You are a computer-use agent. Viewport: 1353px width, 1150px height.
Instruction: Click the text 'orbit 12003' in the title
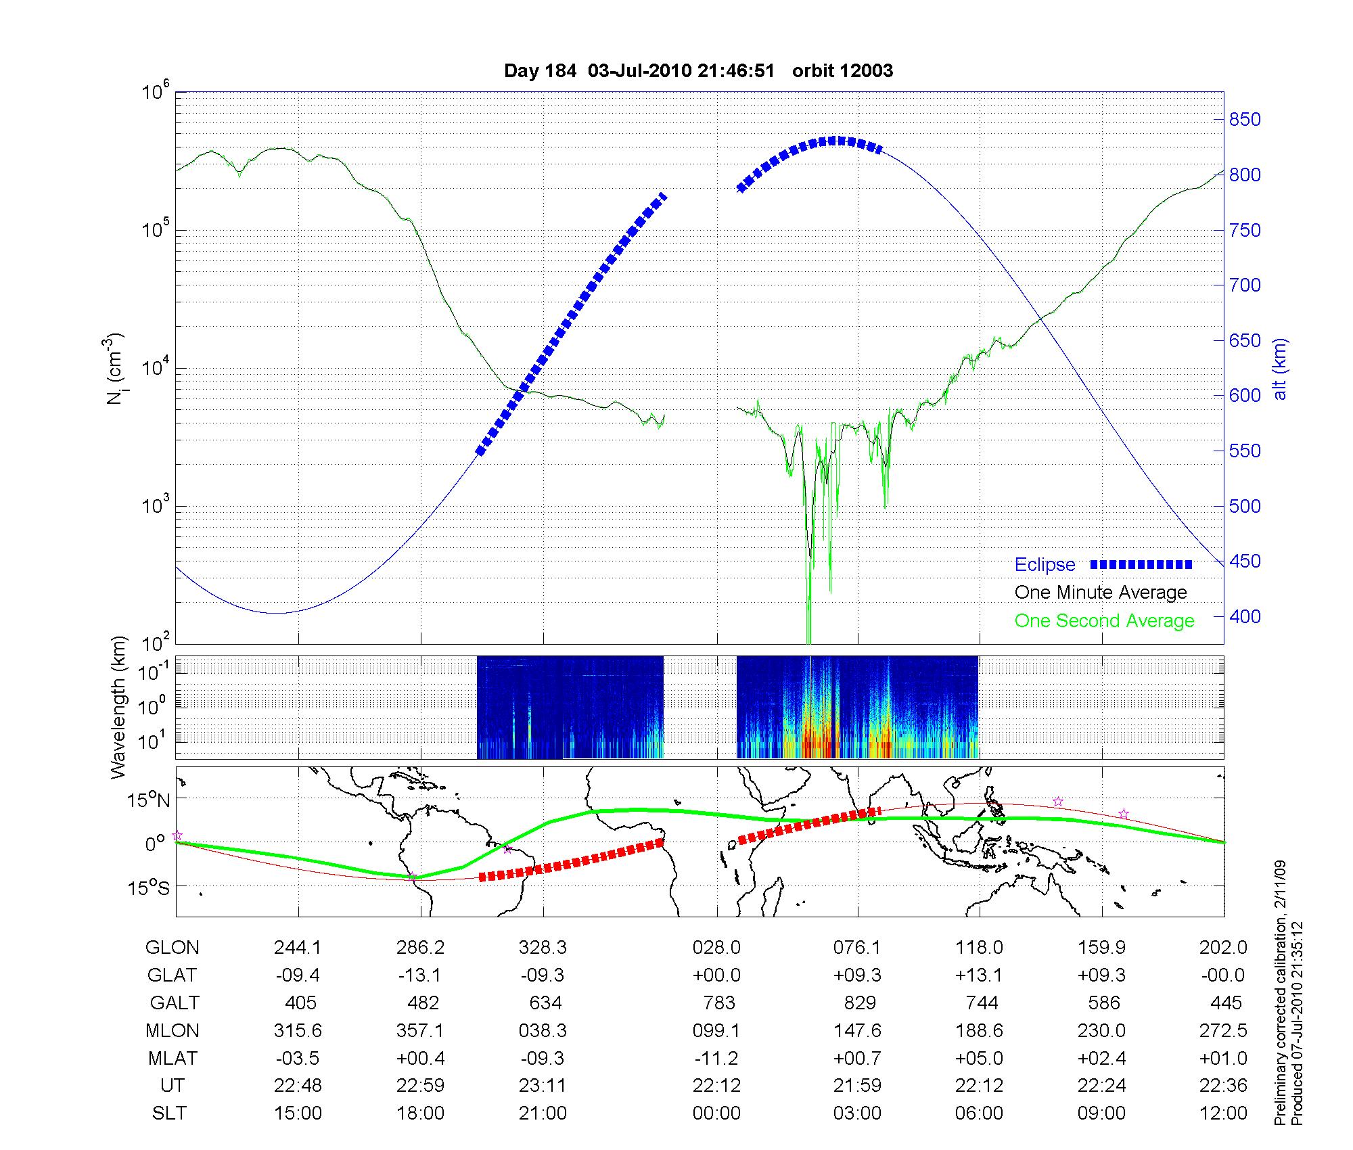pyautogui.click(x=842, y=71)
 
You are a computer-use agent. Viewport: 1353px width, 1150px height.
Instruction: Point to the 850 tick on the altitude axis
pyautogui.click(x=1245, y=120)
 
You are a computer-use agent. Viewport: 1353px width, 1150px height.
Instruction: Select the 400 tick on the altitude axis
pyautogui.click(x=1245, y=616)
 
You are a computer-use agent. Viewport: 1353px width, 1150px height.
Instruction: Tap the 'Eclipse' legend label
pyautogui.click(x=1045, y=565)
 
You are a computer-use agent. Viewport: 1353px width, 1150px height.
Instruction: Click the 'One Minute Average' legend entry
pyautogui.click(x=1101, y=593)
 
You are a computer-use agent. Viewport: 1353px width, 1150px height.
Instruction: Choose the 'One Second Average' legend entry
pyautogui.click(x=1104, y=621)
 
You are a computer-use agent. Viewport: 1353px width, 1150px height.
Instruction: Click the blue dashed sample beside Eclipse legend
pyautogui.click(x=1141, y=565)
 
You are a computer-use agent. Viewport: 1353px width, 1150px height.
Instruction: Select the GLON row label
pyautogui.click(x=172, y=948)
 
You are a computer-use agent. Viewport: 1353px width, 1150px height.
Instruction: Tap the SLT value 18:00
pyautogui.click(x=420, y=1113)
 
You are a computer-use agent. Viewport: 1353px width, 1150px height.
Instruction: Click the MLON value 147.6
pyautogui.click(x=857, y=1030)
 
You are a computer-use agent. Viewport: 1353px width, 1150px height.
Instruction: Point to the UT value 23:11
pyautogui.click(x=543, y=1086)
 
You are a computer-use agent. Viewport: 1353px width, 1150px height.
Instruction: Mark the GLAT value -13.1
pyautogui.click(x=420, y=975)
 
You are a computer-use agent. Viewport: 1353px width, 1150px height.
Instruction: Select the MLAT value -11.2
pyautogui.click(x=716, y=1058)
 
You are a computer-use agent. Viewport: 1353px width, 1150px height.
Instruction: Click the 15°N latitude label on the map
pyautogui.click(x=149, y=801)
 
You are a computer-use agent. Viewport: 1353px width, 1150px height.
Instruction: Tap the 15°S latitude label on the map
pyautogui.click(x=149, y=888)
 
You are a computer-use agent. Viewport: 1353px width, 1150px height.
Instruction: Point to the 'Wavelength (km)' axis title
pyautogui.click(x=119, y=707)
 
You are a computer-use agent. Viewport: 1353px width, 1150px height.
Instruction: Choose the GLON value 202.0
pyautogui.click(x=1223, y=948)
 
